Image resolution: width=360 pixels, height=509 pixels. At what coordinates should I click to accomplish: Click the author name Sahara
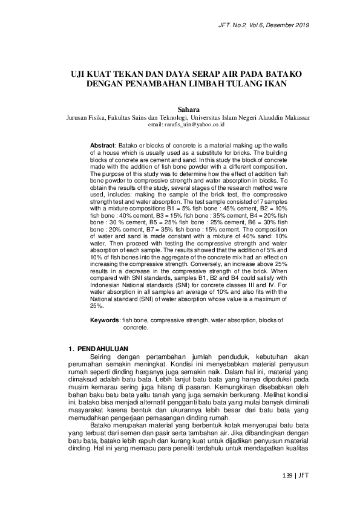180,109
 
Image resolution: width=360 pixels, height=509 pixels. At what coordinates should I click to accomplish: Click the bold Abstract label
102,146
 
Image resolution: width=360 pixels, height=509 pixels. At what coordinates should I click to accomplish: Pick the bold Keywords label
105,319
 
